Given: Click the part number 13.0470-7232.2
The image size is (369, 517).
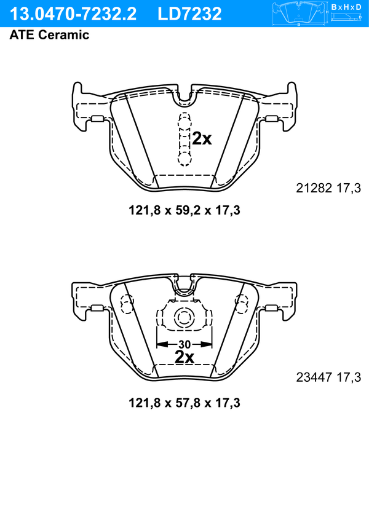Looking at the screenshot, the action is (73, 14).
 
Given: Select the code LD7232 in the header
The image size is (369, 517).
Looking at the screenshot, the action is (189, 14).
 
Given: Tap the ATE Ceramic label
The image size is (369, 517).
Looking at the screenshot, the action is (49, 34).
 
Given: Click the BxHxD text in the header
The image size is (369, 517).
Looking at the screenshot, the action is (346, 7).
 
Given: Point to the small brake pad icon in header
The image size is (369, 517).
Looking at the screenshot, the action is (299, 14).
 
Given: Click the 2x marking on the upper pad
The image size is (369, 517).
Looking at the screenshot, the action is (202, 139).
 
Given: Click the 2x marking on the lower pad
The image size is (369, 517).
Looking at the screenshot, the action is (184, 357).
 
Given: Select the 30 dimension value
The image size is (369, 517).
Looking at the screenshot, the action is (184, 344).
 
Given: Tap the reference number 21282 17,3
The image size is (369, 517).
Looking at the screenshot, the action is (328, 188).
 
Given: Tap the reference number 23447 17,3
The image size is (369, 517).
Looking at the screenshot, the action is (328, 377).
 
